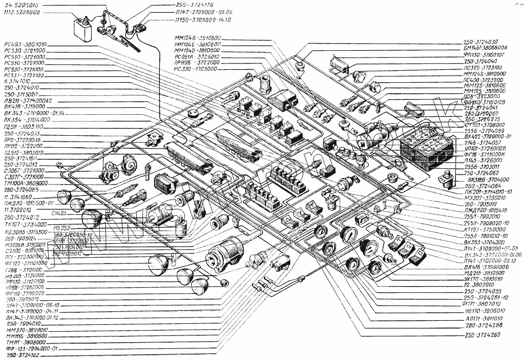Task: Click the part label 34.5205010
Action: pos(19,5)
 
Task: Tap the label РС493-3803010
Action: pos(25,44)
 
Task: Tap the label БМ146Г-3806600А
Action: pos(489,48)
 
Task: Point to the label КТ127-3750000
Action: pos(485,229)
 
